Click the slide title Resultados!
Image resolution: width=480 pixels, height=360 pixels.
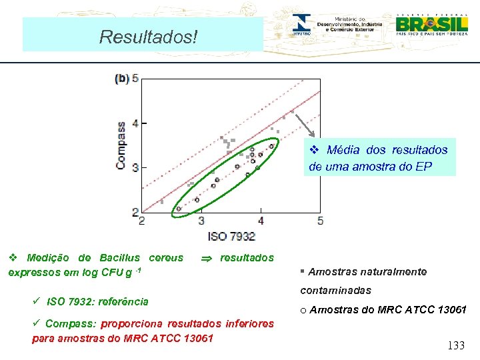coord(148,36)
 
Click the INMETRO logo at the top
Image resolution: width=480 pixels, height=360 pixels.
coord(301,25)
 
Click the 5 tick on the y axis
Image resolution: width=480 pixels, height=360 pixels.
coord(135,78)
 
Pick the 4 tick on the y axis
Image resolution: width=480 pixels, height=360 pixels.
coord(135,123)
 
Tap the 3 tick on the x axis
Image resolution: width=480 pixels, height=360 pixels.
coord(201,221)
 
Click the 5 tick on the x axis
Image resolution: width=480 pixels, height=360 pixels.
coord(320,221)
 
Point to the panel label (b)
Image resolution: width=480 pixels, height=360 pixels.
coord(122,78)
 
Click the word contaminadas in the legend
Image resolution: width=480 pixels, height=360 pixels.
coord(335,291)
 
